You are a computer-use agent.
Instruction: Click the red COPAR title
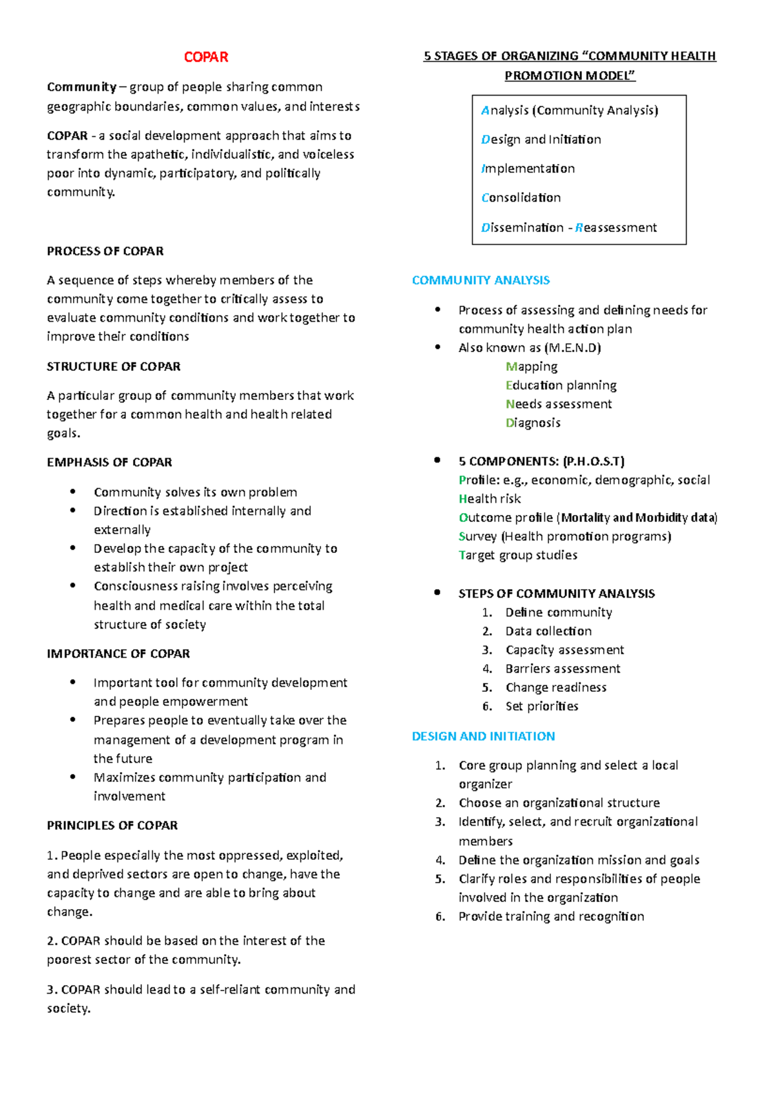(x=206, y=57)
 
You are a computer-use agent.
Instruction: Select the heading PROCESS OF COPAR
(x=105, y=251)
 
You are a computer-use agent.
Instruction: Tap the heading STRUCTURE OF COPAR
(x=114, y=366)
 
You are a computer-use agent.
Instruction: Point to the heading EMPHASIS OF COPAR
(x=109, y=462)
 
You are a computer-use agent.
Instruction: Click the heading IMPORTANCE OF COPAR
(x=118, y=653)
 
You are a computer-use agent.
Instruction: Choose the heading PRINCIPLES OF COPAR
(x=112, y=825)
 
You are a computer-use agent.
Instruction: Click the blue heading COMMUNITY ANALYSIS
(x=480, y=280)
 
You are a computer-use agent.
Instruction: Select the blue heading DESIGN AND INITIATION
(x=483, y=736)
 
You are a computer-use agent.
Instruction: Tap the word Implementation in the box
(x=528, y=169)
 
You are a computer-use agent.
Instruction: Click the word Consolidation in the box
(x=521, y=198)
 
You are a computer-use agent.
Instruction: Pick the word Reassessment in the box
(x=616, y=227)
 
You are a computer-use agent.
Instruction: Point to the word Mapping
(x=532, y=366)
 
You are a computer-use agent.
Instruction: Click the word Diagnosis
(x=533, y=423)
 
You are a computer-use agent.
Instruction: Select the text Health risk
(x=490, y=499)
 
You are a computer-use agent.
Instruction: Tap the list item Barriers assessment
(x=563, y=669)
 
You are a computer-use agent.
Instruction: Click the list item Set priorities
(x=542, y=706)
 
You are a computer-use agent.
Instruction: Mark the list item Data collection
(x=548, y=631)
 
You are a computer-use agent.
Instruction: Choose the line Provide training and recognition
(x=551, y=916)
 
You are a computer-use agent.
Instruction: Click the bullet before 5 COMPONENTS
(x=437, y=461)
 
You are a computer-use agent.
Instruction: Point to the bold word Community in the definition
(x=81, y=87)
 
